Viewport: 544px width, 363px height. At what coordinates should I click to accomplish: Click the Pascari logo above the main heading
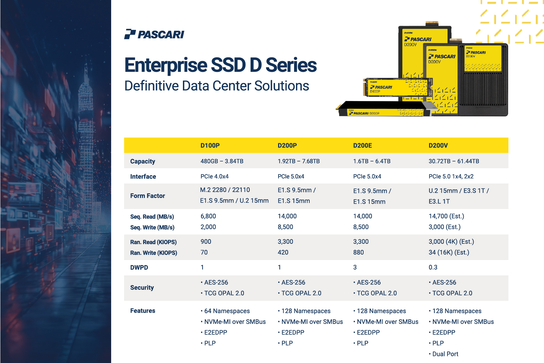point(154,34)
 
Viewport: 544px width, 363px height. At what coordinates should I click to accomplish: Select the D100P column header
point(210,145)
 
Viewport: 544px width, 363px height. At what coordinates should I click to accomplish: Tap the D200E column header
point(362,145)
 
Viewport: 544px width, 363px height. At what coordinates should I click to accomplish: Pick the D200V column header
point(438,145)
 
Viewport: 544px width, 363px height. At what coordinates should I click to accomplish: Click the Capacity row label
point(143,161)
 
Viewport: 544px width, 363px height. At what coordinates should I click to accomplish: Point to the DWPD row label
point(139,267)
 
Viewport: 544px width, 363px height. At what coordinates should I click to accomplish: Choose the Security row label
point(142,288)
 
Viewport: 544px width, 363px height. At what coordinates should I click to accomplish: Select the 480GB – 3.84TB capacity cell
point(222,161)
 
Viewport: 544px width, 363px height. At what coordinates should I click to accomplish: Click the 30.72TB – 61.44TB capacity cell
point(454,161)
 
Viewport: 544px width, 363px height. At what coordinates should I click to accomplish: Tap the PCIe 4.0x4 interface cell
point(214,176)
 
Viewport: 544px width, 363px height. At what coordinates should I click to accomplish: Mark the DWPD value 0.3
point(433,267)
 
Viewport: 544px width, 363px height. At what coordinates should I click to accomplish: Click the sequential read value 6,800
point(208,216)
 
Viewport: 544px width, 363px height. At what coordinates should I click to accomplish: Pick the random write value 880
point(359,252)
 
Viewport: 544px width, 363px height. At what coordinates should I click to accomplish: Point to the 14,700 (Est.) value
point(447,216)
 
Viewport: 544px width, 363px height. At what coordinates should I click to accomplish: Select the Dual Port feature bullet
point(443,354)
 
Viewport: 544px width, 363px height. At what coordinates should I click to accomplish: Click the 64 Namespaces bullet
point(225,311)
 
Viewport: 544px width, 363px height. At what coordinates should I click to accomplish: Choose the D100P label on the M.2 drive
point(375,92)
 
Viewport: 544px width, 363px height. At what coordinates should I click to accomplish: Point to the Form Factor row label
point(147,196)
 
